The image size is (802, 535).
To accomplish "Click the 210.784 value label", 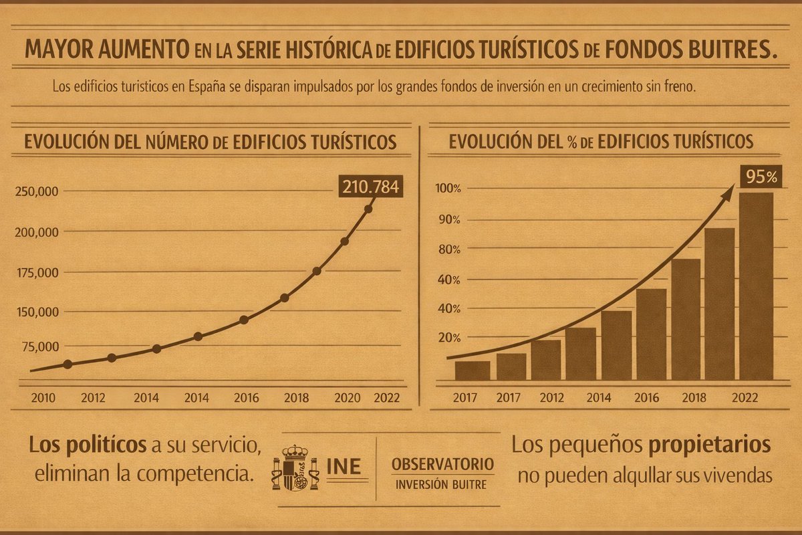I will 370,187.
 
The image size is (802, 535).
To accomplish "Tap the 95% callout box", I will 761,177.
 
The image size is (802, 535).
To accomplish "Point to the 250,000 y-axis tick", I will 35,192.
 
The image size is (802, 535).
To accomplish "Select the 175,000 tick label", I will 35,273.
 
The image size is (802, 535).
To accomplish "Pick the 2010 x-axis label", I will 43,397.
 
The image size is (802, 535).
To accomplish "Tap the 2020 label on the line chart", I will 348,397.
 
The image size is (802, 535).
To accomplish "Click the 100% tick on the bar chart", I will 448,189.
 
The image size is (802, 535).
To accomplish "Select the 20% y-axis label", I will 448,338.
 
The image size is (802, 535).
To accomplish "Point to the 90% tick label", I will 448,220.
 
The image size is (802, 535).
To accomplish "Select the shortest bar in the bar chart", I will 472,370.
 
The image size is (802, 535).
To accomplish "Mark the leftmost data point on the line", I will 68,364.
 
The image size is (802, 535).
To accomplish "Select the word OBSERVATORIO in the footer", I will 443,463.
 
